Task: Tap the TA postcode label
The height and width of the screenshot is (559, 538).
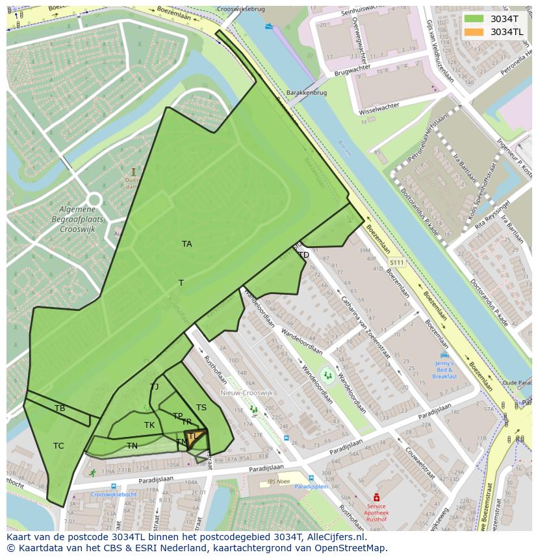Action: pyautogui.click(x=187, y=244)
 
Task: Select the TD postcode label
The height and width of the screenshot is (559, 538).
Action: pyautogui.click(x=303, y=255)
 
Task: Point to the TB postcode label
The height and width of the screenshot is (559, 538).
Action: pyautogui.click(x=60, y=408)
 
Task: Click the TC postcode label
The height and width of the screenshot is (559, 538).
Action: pyautogui.click(x=58, y=446)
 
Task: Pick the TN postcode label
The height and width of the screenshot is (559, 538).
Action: pyautogui.click(x=132, y=446)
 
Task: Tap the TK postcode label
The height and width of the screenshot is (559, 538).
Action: pyautogui.click(x=149, y=425)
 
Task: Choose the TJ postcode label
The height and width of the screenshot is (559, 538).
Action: pyautogui.click(x=154, y=387)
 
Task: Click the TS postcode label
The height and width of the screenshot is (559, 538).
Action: pyautogui.click(x=201, y=408)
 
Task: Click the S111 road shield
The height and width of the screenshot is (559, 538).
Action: pyautogui.click(x=396, y=262)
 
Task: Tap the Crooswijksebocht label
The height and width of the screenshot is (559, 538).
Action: pyautogui.click(x=114, y=494)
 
